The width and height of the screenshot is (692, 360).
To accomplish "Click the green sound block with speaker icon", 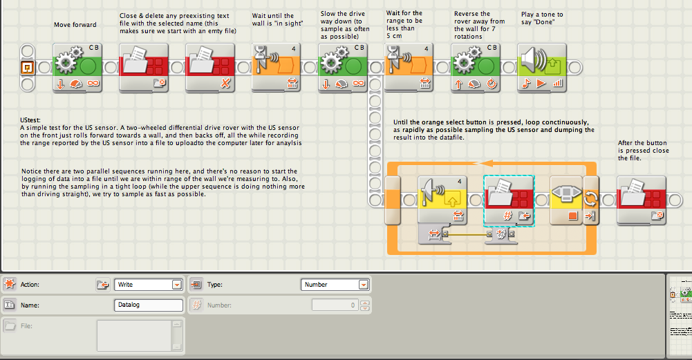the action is [541, 68].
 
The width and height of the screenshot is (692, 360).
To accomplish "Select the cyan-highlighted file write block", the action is [509, 201].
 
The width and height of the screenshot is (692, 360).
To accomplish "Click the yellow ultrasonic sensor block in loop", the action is [442, 201].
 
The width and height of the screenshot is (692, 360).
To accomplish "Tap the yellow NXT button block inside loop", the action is [566, 201].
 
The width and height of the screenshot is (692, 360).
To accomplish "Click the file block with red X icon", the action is [210, 68].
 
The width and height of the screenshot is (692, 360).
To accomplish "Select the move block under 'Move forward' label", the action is [77, 68].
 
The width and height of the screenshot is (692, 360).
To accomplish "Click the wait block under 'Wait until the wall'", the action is [277, 68].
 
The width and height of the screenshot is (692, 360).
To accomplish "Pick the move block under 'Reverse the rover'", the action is [476, 68].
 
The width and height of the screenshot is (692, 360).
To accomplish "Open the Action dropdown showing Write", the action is [148, 285].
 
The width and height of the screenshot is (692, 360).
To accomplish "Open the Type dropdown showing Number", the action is [335, 285].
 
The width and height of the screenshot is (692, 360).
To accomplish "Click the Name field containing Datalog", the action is [148, 305].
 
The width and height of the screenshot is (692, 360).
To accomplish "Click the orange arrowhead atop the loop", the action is [485, 163].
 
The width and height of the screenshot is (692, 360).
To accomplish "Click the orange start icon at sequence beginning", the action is [28, 68].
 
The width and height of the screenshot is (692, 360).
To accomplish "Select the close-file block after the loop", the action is [642, 201].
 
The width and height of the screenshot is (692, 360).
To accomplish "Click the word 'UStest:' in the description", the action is [30, 120].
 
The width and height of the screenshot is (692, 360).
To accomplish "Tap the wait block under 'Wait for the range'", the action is [409, 68].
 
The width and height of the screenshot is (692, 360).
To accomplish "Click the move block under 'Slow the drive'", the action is [343, 68].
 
